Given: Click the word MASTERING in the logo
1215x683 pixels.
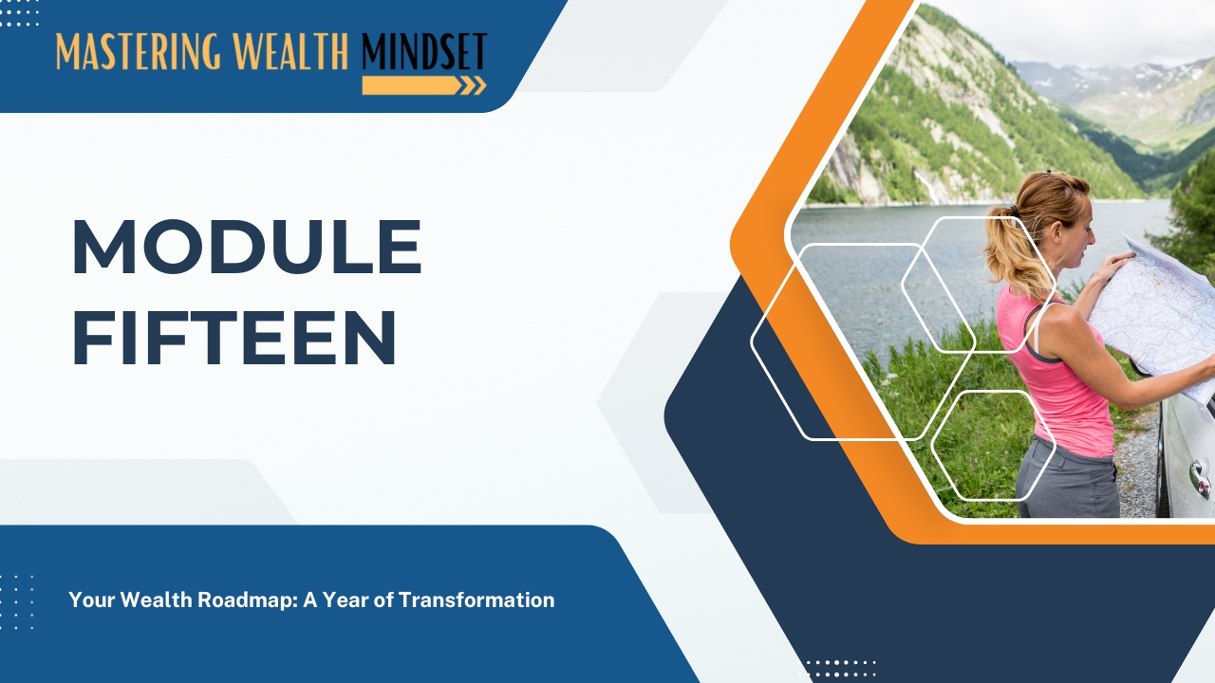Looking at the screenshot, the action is click(139, 51).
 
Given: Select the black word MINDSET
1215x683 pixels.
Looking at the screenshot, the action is click(424, 51).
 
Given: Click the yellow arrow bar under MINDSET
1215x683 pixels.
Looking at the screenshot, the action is click(412, 85).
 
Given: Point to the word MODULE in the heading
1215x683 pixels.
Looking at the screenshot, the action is click(247, 248).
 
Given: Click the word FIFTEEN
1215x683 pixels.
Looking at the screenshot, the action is click(234, 338).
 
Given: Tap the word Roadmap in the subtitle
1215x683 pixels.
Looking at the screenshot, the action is click(247, 600).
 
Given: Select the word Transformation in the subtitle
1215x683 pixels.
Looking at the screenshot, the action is click(477, 600).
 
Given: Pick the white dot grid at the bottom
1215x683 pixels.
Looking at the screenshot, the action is click(840, 670).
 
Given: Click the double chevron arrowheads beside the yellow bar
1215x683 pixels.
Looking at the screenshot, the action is click(474, 85).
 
